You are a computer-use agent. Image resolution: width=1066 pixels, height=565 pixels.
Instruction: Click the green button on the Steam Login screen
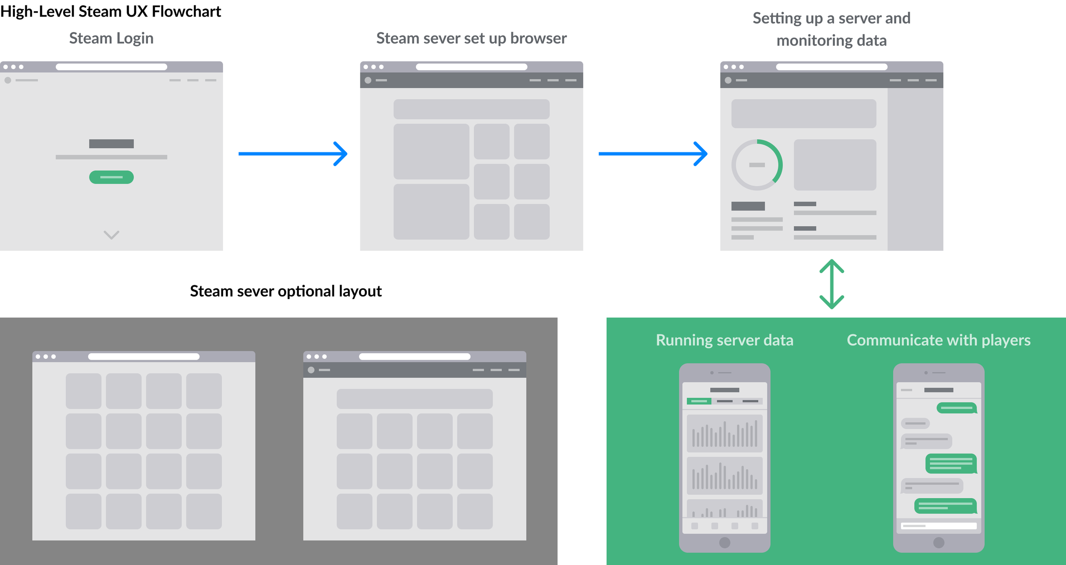tap(111, 177)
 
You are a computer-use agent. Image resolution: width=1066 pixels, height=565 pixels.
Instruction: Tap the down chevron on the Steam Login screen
tap(111, 235)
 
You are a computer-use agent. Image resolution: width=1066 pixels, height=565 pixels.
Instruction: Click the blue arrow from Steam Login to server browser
tap(293, 153)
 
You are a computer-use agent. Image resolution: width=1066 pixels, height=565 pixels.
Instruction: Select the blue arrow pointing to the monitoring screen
tap(653, 153)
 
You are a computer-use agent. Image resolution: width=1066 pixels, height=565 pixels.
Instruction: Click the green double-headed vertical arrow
tap(831, 284)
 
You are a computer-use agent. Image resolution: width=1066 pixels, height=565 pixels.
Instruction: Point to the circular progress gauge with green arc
tap(757, 165)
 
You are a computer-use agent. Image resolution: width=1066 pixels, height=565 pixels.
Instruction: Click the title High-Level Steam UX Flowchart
tap(110, 12)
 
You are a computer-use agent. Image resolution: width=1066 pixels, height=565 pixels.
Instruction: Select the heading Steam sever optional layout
tap(286, 291)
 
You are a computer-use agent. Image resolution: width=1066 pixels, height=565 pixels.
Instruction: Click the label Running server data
tap(724, 340)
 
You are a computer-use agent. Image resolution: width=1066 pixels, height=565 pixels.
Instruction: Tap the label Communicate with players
tap(939, 340)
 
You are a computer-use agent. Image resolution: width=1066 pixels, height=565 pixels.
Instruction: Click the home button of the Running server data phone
tap(724, 542)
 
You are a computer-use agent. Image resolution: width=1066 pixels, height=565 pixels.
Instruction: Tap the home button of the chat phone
tap(939, 542)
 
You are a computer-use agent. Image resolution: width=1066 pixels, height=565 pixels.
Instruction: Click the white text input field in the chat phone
tap(939, 526)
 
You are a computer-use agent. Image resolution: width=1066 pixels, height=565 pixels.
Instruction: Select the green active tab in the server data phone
tap(699, 401)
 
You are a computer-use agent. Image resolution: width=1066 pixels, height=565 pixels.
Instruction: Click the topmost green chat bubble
tap(956, 408)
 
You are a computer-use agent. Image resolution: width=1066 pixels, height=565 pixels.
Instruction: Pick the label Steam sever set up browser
tap(471, 38)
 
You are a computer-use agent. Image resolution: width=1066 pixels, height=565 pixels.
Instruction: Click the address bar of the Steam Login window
tap(111, 67)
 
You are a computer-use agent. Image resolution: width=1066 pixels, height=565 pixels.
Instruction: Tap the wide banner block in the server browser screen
tap(471, 109)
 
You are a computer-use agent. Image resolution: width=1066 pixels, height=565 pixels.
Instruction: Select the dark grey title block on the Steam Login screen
tap(111, 144)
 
